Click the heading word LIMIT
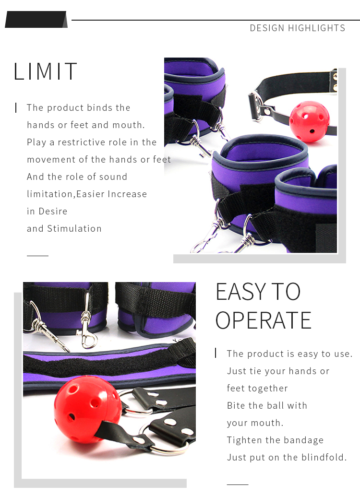(x=45, y=71)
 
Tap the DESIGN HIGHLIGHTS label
(x=297, y=28)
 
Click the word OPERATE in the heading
(x=264, y=320)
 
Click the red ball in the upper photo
(x=309, y=122)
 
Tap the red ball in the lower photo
(x=87, y=410)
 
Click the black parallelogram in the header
(x=36, y=19)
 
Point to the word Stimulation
(x=74, y=228)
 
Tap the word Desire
(x=53, y=211)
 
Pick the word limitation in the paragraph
(x=50, y=194)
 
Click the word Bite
(x=234, y=405)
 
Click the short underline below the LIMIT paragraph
(x=37, y=256)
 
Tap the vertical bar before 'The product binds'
(x=16, y=107)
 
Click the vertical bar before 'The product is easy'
(x=216, y=353)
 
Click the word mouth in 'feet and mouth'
(x=127, y=125)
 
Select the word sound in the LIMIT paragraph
(x=113, y=177)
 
